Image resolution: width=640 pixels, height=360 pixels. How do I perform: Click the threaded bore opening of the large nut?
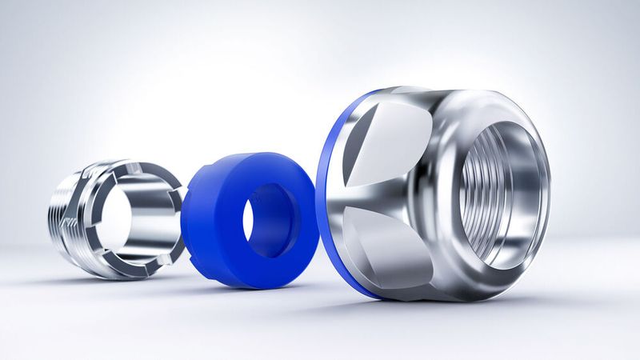(x=500, y=192)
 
